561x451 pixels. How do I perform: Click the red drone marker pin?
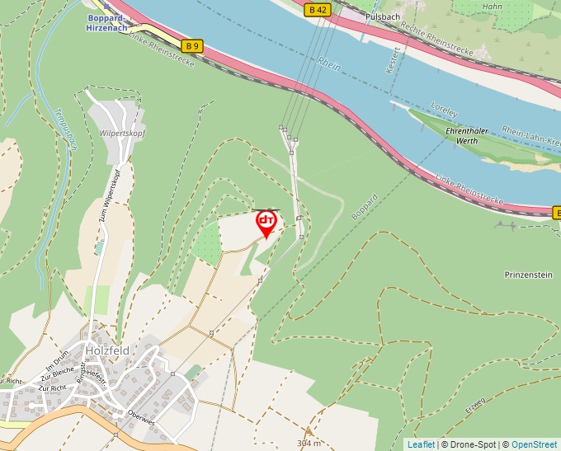[266, 223]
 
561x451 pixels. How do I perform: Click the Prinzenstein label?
[528, 275]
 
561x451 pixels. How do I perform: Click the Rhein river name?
[328, 62]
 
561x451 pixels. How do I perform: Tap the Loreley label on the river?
[444, 107]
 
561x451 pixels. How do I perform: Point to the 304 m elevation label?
[309, 443]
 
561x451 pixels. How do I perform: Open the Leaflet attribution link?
[421, 444]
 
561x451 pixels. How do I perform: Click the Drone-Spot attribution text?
[468, 444]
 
